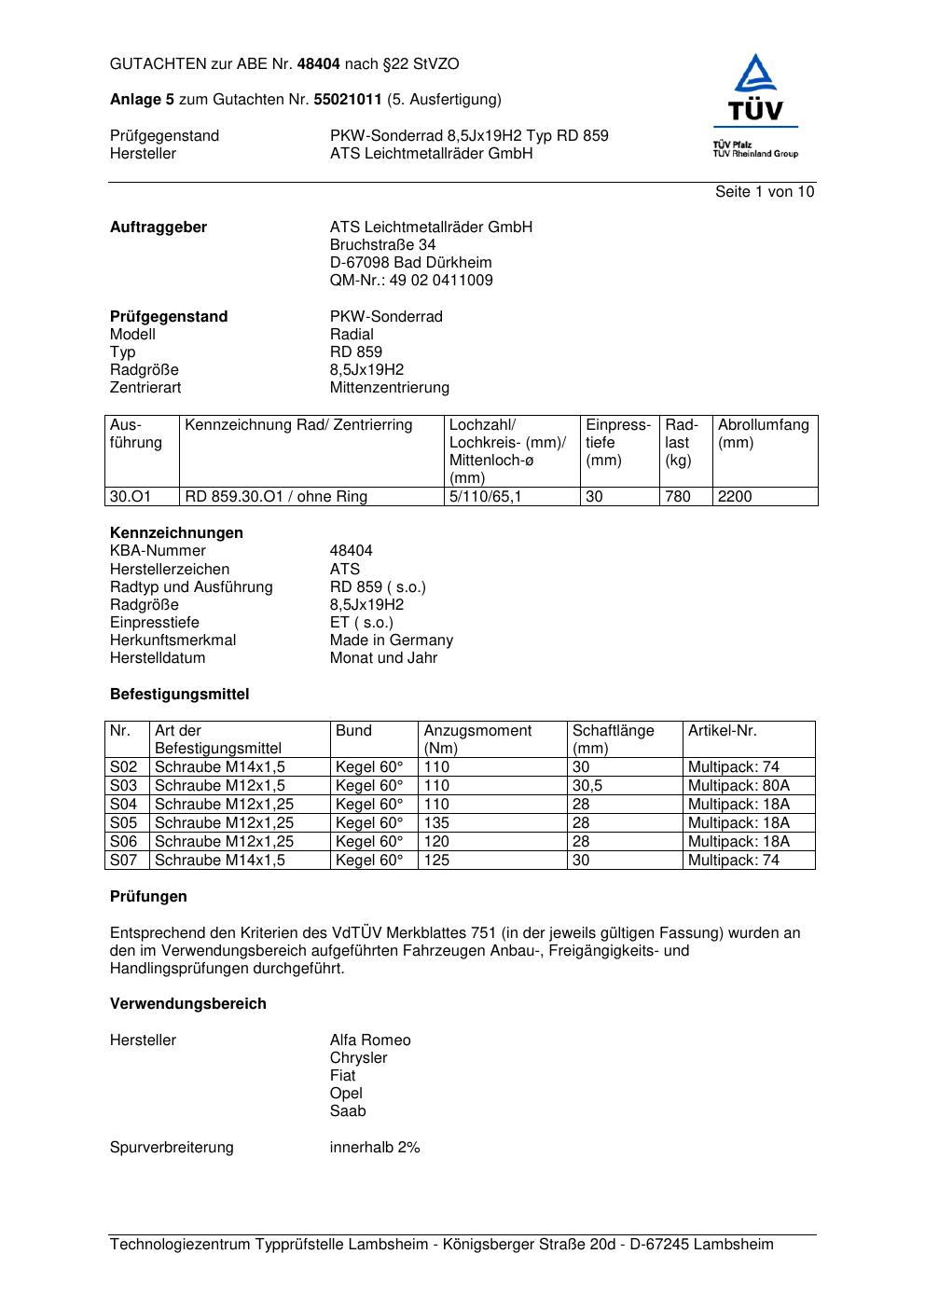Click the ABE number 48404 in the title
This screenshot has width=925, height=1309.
coord(318,64)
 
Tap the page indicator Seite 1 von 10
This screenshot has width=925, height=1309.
coord(764,192)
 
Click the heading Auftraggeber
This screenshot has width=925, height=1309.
coord(159,227)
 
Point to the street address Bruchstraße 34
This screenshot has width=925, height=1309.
coord(382,245)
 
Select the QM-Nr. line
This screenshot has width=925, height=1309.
coord(411,281)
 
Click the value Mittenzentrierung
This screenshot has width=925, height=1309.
coord(389,388)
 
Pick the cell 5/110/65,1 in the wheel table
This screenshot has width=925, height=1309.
coord(485,497)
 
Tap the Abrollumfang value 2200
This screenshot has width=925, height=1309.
coord(735,497)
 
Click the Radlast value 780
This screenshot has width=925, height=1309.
coord(678,497)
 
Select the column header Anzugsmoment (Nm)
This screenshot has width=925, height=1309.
coord(477,739)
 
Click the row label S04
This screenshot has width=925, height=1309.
coord(124,805)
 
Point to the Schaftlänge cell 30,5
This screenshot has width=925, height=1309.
coord(587,786)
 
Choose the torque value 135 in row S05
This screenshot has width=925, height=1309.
coord(436,823)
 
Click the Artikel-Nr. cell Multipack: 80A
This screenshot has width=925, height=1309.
coord(739,786)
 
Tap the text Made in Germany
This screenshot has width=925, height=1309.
coord(391,641)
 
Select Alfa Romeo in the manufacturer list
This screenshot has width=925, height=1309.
coord(369,1040)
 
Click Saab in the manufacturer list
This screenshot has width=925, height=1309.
coord(348,1111)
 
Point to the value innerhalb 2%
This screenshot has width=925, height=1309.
coord(375,1148)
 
